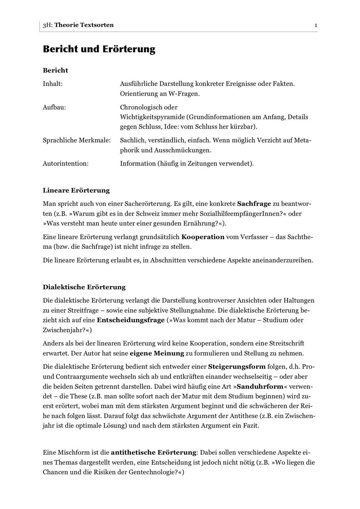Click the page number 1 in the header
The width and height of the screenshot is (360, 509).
pos(315,25)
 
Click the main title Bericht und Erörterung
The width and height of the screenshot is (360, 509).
pos(99,49)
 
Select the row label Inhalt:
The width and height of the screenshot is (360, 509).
pos(53,84)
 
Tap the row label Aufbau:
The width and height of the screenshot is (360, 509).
pos(54,107)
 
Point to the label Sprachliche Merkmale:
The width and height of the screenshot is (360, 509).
pos(77,140)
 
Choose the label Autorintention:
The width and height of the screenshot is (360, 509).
pos(66,164)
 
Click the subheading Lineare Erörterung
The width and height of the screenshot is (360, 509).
pos(76,191)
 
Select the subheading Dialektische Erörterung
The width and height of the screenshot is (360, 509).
pos(84,287)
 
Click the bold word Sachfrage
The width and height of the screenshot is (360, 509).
pos(254,204)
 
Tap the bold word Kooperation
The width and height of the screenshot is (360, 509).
pos(203,237)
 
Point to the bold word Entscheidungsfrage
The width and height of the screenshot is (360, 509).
pos(131,320)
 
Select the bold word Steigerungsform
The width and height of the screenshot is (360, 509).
pos(236,367)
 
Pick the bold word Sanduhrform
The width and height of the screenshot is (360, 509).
pos(260,387)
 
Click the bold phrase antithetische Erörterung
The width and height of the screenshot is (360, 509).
pos(153,452)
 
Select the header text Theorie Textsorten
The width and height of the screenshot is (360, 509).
pos(84,25)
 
